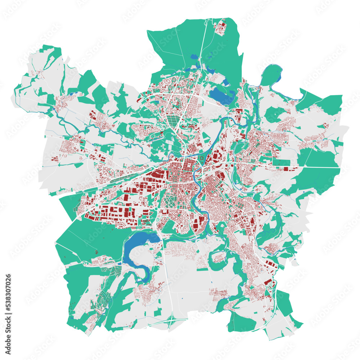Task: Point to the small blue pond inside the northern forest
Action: pos(194,57)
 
